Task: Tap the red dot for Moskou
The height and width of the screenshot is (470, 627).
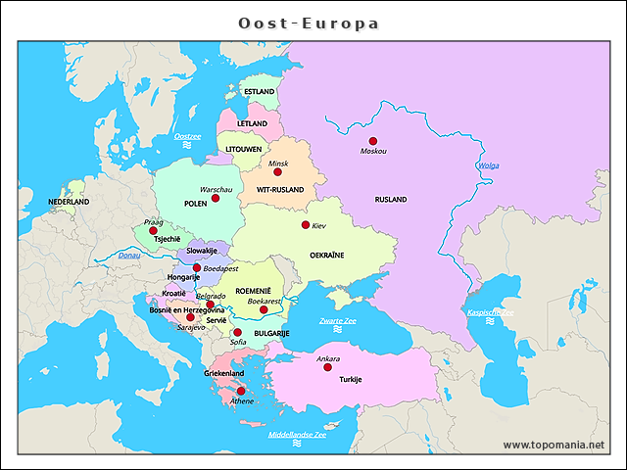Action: (373, 141)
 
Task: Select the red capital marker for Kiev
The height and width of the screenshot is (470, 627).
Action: (306, 224)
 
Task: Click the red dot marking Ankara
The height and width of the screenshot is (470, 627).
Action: (327, 367)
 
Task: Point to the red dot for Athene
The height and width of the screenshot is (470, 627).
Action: (241, 391)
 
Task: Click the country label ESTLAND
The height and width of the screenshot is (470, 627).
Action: (259, 92)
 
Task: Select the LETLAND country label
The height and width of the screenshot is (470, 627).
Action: (252, 124)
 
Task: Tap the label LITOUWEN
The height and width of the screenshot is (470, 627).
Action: (244, 149)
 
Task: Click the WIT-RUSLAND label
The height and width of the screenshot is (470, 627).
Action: (280, 189)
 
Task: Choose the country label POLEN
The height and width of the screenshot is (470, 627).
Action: (196, 205)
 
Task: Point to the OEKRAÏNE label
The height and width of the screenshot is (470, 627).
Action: (327, 255)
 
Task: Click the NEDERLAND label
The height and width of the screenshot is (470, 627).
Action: (69, 202)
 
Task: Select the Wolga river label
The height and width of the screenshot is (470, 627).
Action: (488, 165)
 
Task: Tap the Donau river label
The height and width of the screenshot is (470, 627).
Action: (129, 256)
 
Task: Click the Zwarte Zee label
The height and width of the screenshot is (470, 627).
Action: (338, 321)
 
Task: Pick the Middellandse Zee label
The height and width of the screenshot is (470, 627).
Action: (297, 435)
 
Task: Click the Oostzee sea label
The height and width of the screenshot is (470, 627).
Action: (187, 136)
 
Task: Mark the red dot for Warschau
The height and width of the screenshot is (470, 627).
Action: (216, 198)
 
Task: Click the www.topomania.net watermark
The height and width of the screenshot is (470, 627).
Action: (554, 445)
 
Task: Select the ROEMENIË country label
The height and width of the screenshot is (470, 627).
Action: (253, 291)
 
